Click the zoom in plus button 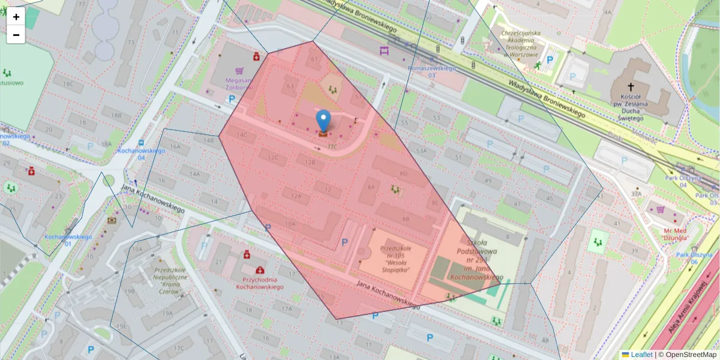(16, 17)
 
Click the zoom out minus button (16, 35)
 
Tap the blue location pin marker (323, 121)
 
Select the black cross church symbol (630, 86)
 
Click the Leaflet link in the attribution (641, 355)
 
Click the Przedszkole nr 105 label (386, 259)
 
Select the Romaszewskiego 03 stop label (431, 71)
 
